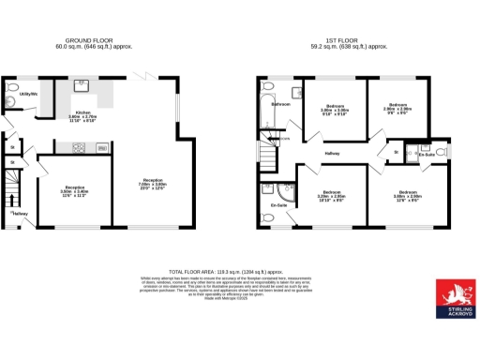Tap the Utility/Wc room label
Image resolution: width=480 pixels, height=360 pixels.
pyautogui.click(x=28, y=94)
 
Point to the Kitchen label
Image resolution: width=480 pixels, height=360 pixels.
pyautogui.click(x=83, y=113)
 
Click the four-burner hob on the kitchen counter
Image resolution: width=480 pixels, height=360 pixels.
pyautogui.click(x=78, y=145)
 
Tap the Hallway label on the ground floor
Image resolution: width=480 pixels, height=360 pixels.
pyautogui.click(x=21, y=215)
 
